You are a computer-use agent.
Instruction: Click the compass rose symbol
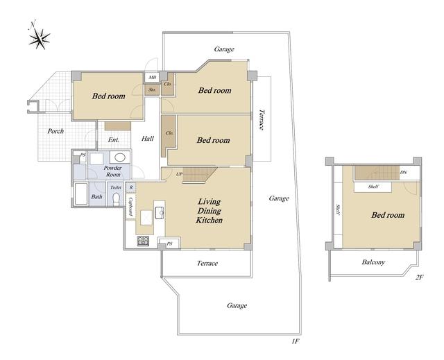[39, 38]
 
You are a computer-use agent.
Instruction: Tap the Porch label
[55, 131]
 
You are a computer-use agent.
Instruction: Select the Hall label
[148, 139]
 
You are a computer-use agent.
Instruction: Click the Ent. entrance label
[114, 140]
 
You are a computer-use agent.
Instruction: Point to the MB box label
[153, 77]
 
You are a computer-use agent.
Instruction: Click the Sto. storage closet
[152, 89]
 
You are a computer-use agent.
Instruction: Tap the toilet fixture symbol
[117, 199]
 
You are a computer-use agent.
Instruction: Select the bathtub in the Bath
[81, 194]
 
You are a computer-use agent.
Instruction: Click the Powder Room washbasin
[120, 157]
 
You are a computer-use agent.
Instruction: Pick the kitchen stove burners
[144, 241]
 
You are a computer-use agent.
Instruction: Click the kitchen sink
[160, 213]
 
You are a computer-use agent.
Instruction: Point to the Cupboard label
[131, 207]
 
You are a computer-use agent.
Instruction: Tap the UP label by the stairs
[179, 175]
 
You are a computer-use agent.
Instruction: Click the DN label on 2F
[404, 172]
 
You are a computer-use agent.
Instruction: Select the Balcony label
[373, 262]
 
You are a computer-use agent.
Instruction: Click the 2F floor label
[419, 277]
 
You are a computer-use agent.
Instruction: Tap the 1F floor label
[295, 341]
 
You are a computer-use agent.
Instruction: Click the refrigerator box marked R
[131, 187]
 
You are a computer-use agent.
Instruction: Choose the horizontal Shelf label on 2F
[373, 187]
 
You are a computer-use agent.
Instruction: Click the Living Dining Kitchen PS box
[169, 243]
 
